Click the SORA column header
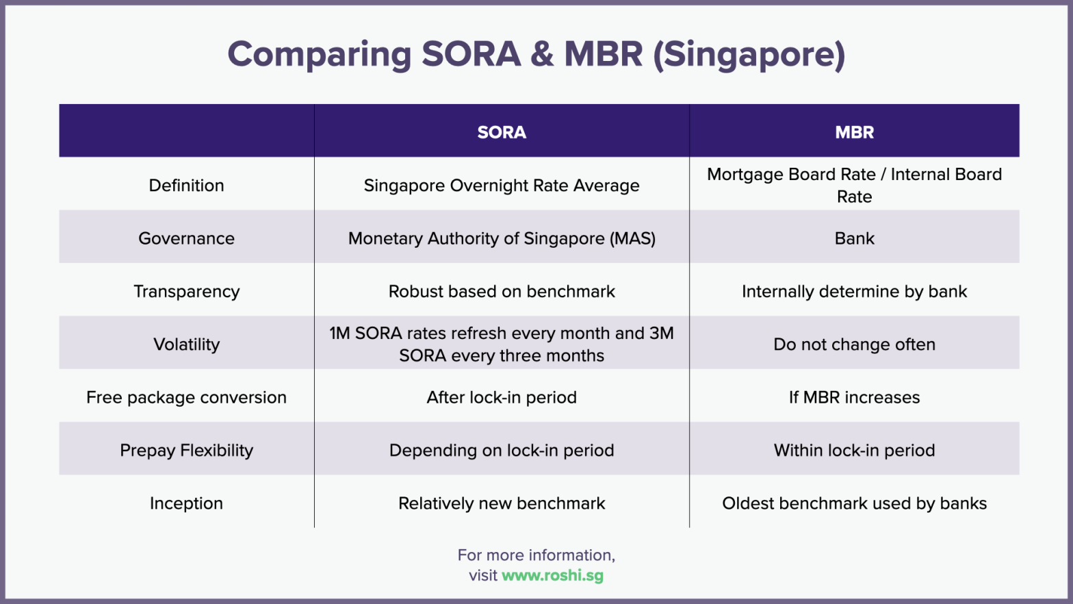click(502, 132)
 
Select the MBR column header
click(854, 132)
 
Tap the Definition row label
click(186, 186)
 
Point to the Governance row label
click(186, 238)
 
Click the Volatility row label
click(186, 344)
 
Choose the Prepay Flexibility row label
click(186, 451)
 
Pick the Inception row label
click(186, 503)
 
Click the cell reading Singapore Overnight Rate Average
click(502, 186)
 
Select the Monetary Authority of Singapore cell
click(502, 238)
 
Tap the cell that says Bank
click(854, 238)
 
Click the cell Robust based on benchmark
click(502, 292)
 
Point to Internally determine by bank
click(854, 292)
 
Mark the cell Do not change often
click(854, 344)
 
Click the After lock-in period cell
click(502, 398)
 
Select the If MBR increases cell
click(854, 398)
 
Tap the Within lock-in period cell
click(854, 451)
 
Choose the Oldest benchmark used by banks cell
click(854, 503)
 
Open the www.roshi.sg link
click(553, 575)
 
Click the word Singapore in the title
click(749, 55)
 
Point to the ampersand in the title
click(542, 55)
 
